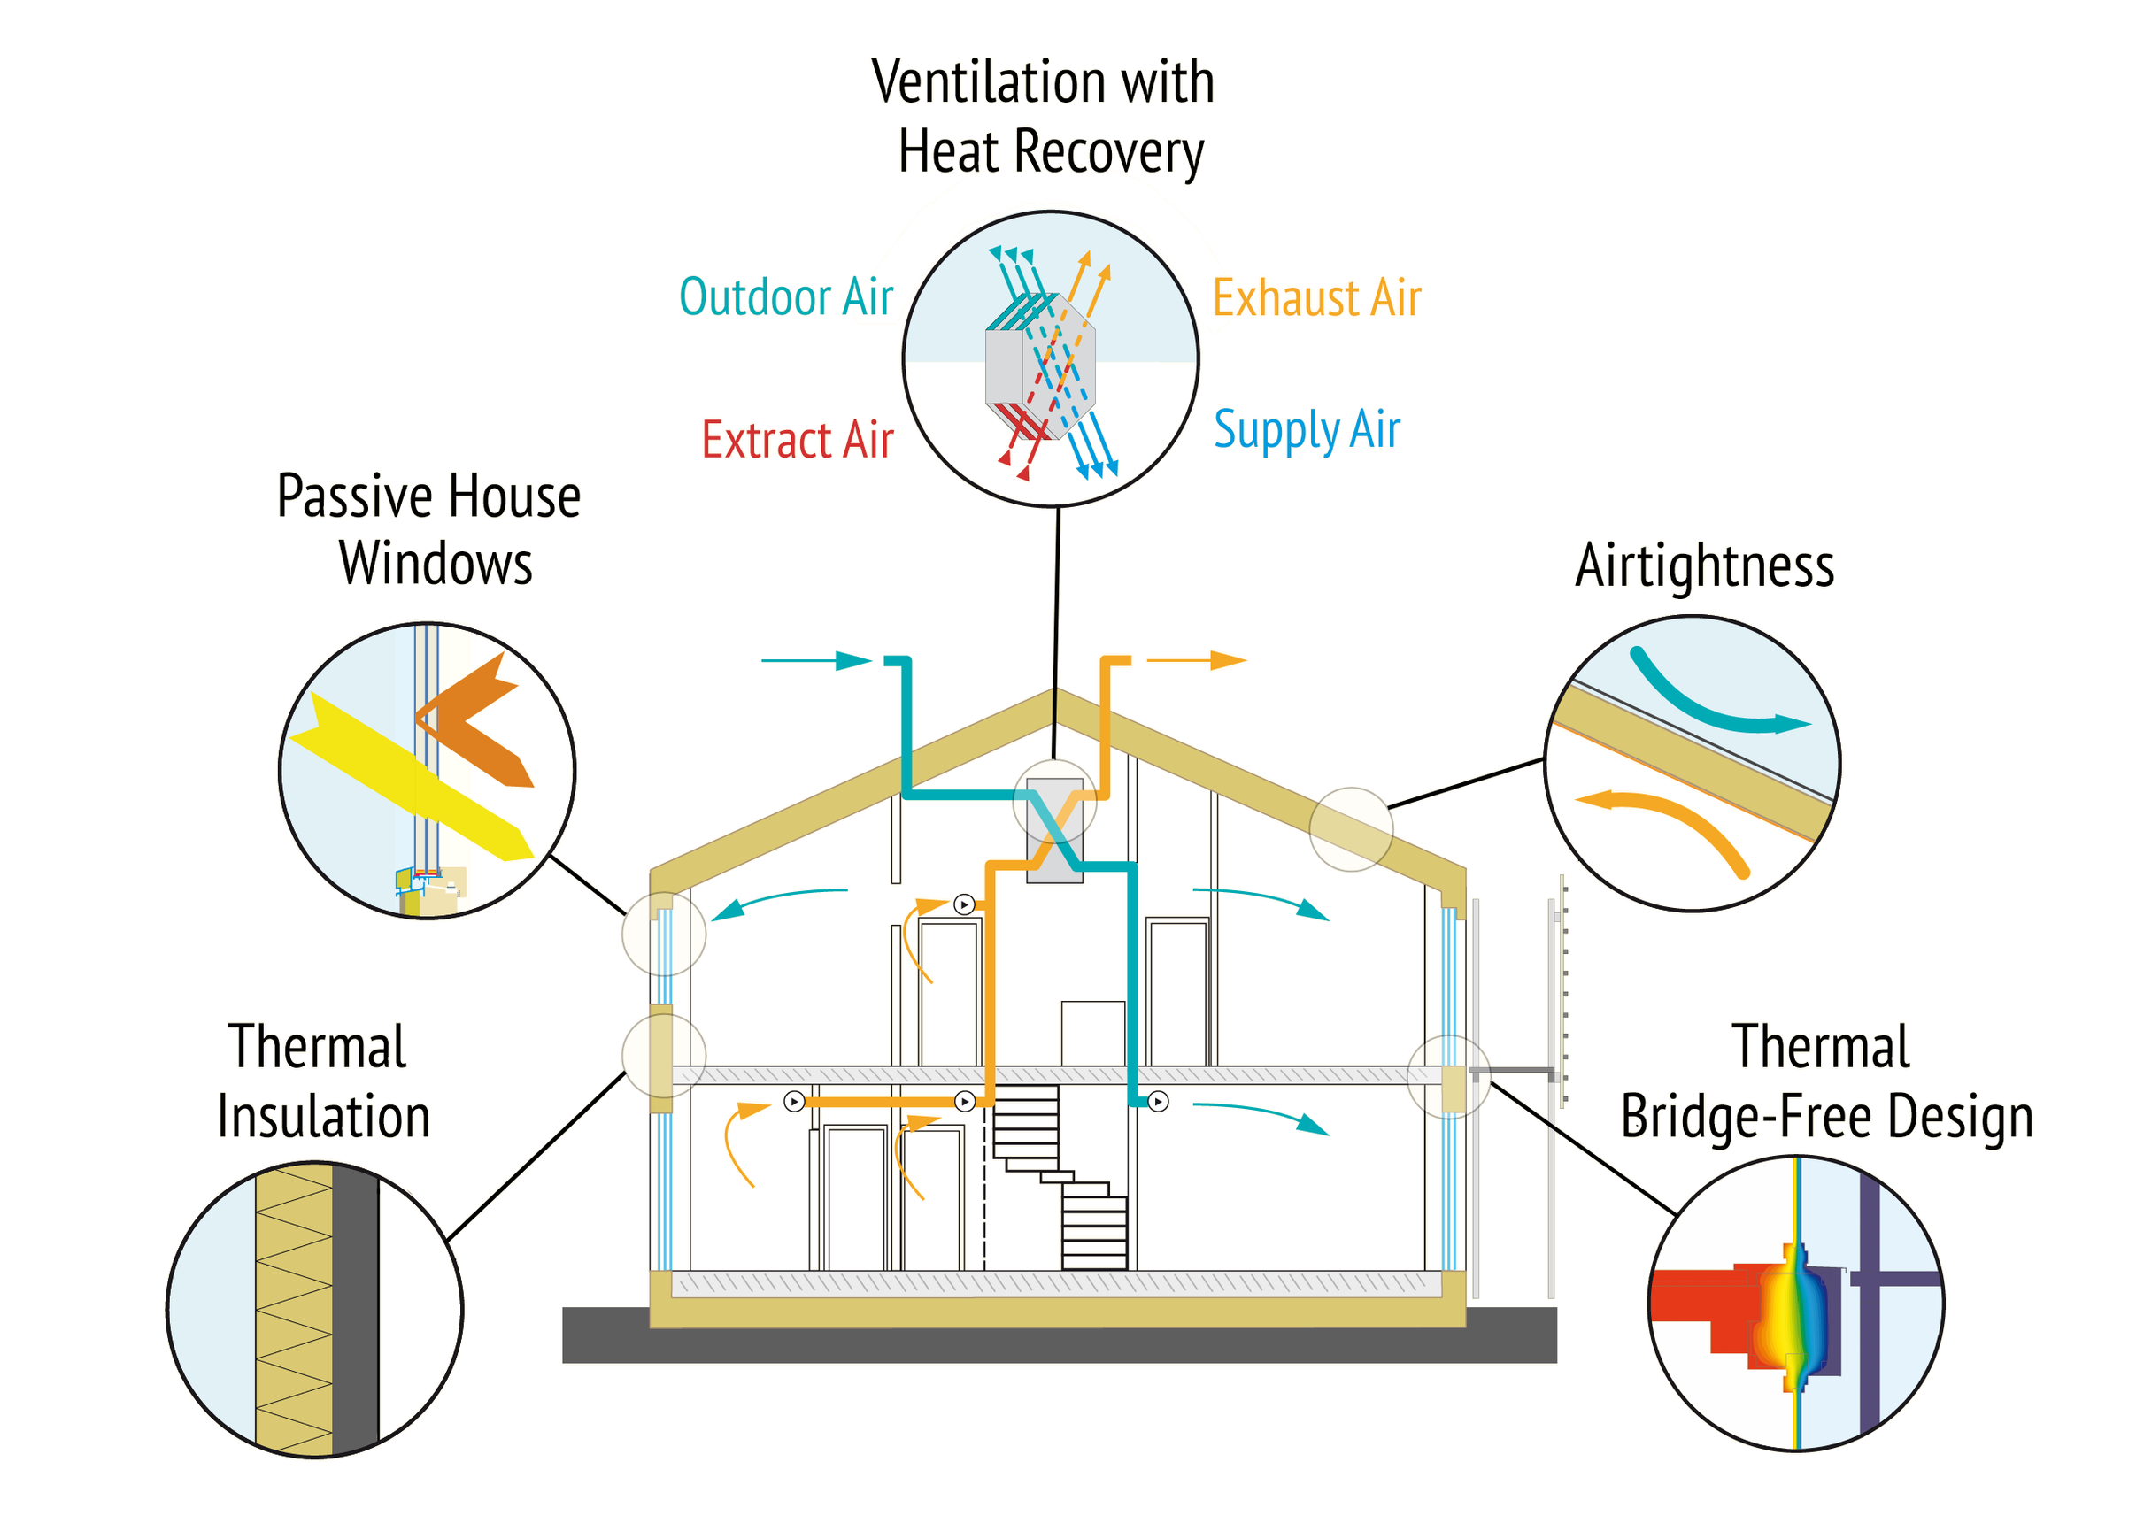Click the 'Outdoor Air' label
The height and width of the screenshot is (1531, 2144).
click(x=785, y=298)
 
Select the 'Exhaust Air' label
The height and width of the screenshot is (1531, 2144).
click(x=1316, y=299)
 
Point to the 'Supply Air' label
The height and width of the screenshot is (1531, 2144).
click(x=1307, y=430)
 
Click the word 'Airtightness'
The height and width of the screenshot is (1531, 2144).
click(x=1705, y=566)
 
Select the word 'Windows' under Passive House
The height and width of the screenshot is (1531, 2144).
click(x=436, y=565)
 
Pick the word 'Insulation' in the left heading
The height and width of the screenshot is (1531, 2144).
click(x=323, y=1117)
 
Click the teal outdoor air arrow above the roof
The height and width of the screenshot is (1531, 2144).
click(x=815, y=661)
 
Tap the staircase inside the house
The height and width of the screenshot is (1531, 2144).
click(x=1060, y=1179)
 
